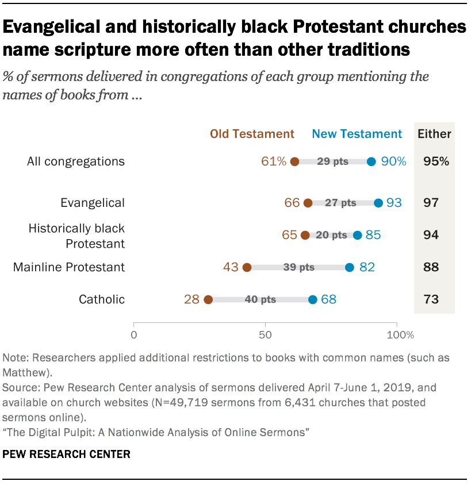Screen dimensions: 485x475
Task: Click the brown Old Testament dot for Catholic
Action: point(208,299)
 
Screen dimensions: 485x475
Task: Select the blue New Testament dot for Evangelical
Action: point(378,203)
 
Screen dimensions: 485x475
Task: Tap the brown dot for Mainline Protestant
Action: point(247,267)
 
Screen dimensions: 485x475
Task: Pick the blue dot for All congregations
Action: point(371,161)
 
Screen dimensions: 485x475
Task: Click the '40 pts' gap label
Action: point(260,299)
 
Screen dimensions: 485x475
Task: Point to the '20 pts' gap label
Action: point(331,235)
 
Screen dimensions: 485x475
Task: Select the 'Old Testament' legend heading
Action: point(252,134)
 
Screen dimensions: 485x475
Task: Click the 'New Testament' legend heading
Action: point(357,134)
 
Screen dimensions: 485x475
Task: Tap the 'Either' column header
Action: point(435,134)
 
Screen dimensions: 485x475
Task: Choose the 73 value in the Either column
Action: point(431,299)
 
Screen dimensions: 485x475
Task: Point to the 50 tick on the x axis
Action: point(265,334)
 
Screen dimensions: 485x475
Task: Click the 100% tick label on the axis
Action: point(397,334)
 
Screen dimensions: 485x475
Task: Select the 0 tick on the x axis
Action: point(134,334)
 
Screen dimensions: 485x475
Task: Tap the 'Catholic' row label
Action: point(102,299)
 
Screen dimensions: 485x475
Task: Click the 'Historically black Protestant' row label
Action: point(76,236)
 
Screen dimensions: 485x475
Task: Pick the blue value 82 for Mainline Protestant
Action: point(367,267)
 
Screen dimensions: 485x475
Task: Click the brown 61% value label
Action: point(274,161)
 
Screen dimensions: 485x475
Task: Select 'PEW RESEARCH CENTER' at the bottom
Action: point(67,455)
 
